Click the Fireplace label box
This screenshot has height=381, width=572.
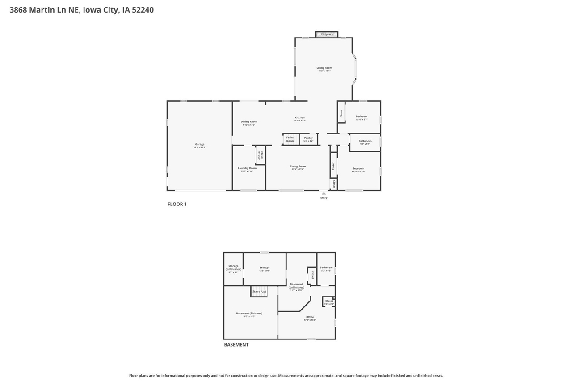[x=327, y=34]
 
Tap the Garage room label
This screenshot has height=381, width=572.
[x=200, y=145]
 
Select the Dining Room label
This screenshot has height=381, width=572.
[x=249, y=122]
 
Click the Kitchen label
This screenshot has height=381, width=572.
[x=299, y=118]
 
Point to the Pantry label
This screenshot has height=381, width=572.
[x=308, y=138]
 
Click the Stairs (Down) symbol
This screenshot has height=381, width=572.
[x=290, y=139]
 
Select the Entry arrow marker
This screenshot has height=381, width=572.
[x=324, y=193]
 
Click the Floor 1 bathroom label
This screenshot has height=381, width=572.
[x=365, y=142]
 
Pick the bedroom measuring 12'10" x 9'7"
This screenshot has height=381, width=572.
[x=362, y=117]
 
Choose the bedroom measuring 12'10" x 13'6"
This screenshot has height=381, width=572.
[x=358, y=169]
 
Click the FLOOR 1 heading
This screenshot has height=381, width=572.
[x=177, y=204]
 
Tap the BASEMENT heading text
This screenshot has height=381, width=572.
[x=236, y=345]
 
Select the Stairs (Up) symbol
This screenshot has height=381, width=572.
[x=259, y=291]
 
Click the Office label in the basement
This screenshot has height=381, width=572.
[x=310, y=318]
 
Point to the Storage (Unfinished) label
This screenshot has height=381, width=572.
[x=233, y=268]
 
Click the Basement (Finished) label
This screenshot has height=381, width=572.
[x=249, y=314]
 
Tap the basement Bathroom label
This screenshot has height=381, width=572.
[x=326, y=268]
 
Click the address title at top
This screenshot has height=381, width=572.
[x=82, y=10]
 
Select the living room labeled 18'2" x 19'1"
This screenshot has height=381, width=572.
[x=324, y=68]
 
